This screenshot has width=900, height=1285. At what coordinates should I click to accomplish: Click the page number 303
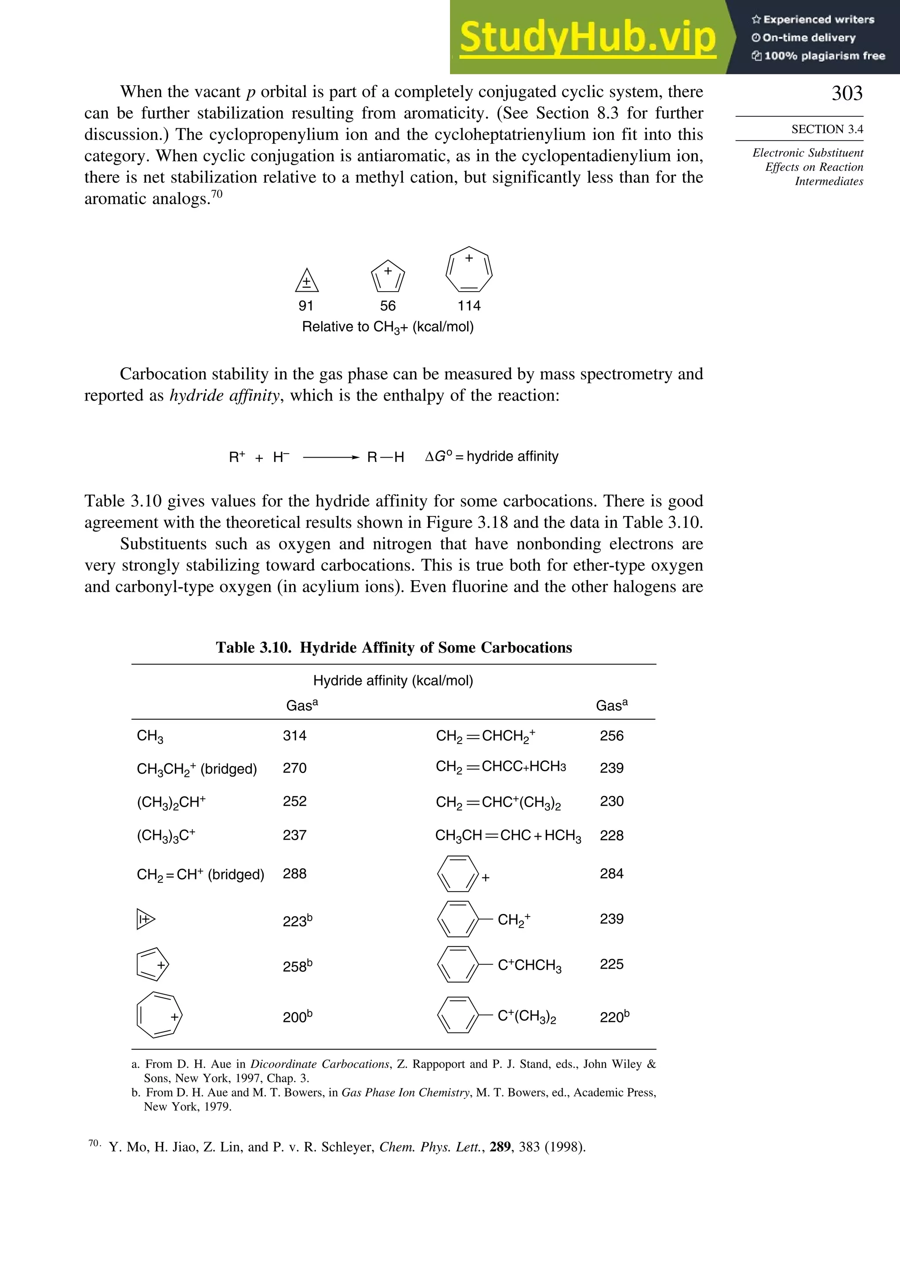pos(847,93)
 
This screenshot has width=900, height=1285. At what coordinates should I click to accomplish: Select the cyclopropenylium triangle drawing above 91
pos(307,280)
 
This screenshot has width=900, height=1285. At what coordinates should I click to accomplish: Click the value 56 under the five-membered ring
pos(388,306)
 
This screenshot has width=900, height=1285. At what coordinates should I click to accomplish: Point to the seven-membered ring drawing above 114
pos(469,270)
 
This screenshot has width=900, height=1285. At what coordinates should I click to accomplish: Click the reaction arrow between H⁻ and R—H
pos(330,457)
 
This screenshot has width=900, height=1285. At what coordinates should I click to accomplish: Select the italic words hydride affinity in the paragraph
pos(224,395)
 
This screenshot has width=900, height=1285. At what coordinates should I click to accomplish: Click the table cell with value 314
pos(294,736)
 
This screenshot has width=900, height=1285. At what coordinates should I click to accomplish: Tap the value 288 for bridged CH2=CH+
pos(294,874)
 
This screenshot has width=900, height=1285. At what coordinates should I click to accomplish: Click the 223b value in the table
pos(297,920)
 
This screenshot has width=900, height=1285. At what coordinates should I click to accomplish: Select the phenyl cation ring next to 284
pos(457,874)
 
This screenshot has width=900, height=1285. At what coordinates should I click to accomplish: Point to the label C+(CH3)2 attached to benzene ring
pos(526,1016)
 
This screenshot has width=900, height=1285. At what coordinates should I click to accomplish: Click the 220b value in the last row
pos(614,1016)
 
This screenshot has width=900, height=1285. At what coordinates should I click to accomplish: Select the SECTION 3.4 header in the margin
pos(827,129)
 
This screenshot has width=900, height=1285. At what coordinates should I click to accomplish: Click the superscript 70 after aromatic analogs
pos(216,194)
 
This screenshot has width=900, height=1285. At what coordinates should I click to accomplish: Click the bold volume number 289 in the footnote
pos(500,1147)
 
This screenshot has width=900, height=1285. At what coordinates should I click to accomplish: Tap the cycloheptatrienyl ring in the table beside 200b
pos(159,1016)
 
